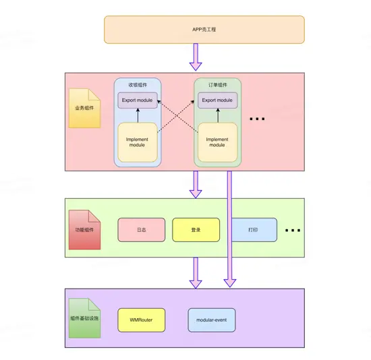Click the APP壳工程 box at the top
[x=204, y=30]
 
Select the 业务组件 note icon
[x=84, y=108]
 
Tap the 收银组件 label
[x=138, y=86]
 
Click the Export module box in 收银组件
[x=138, y=100]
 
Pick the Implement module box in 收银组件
[x=138, y=142]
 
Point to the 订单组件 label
[x=217, y=86]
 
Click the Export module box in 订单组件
[x=217, y=100]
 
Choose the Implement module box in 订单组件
[x=217, y=142]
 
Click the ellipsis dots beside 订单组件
[x=257, y=119]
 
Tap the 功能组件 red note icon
[x=84, y=229]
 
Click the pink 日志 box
[x=142, y=230]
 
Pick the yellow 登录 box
[x=196, y=230]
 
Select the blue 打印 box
[x=254, y=230]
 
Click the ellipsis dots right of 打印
[x=292, y=231]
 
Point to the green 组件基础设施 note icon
[x=84, y=318]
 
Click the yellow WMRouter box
[x=142, y=320]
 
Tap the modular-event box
[x=212, y=320]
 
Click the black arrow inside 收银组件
[x=138, y=115]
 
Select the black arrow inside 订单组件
[x=217, y=115]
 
